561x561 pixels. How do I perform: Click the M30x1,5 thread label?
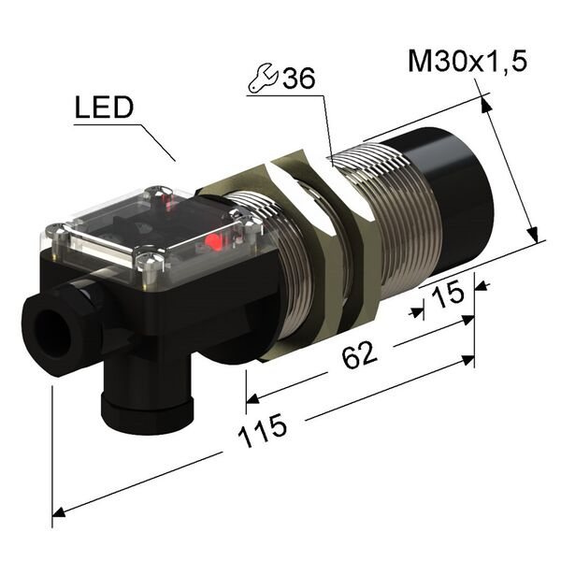468,62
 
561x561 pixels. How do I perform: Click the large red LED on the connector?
214,243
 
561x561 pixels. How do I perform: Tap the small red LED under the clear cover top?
170,200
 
